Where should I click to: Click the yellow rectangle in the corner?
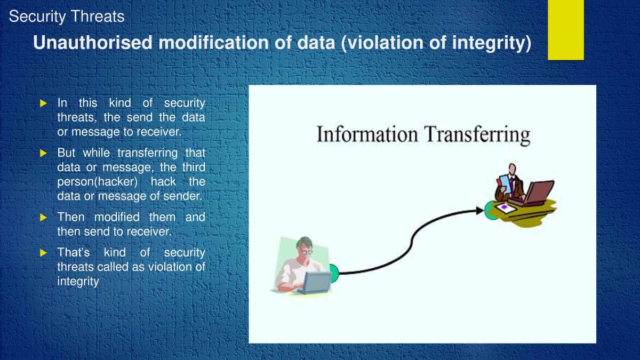pos(566,29)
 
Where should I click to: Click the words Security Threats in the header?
pos(67,17)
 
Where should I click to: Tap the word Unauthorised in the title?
pos(93,43)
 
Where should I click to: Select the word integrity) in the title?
pos(491,43)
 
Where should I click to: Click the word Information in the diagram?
pos(366,134)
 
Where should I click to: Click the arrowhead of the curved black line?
pos(479,211)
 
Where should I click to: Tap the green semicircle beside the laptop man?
pos(334,273)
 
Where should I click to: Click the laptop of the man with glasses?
pos(315,282)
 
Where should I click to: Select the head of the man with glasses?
pos(305,247)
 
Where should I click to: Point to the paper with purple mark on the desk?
pos(504,207)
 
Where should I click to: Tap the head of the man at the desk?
pos(512,170)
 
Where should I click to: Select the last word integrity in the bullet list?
pos(78,281)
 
